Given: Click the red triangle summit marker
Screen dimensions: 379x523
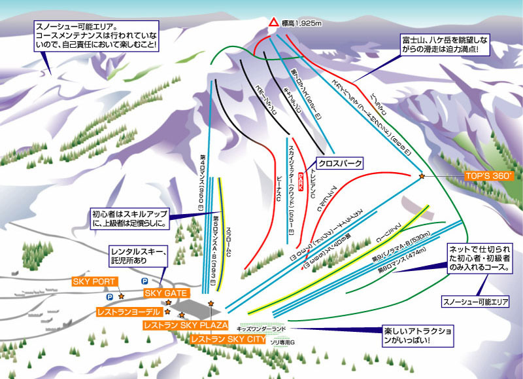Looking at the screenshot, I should tap(272, 22).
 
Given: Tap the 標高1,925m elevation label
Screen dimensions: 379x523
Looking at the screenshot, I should tap(302, 23).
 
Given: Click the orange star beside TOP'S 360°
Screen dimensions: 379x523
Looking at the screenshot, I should tap(422, 176).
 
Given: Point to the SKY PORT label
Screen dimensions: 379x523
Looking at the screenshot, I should tap(94, 281).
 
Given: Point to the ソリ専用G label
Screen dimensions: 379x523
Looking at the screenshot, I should tap(283, 342).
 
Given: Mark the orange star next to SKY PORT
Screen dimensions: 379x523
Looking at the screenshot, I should tap(121, 297).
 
